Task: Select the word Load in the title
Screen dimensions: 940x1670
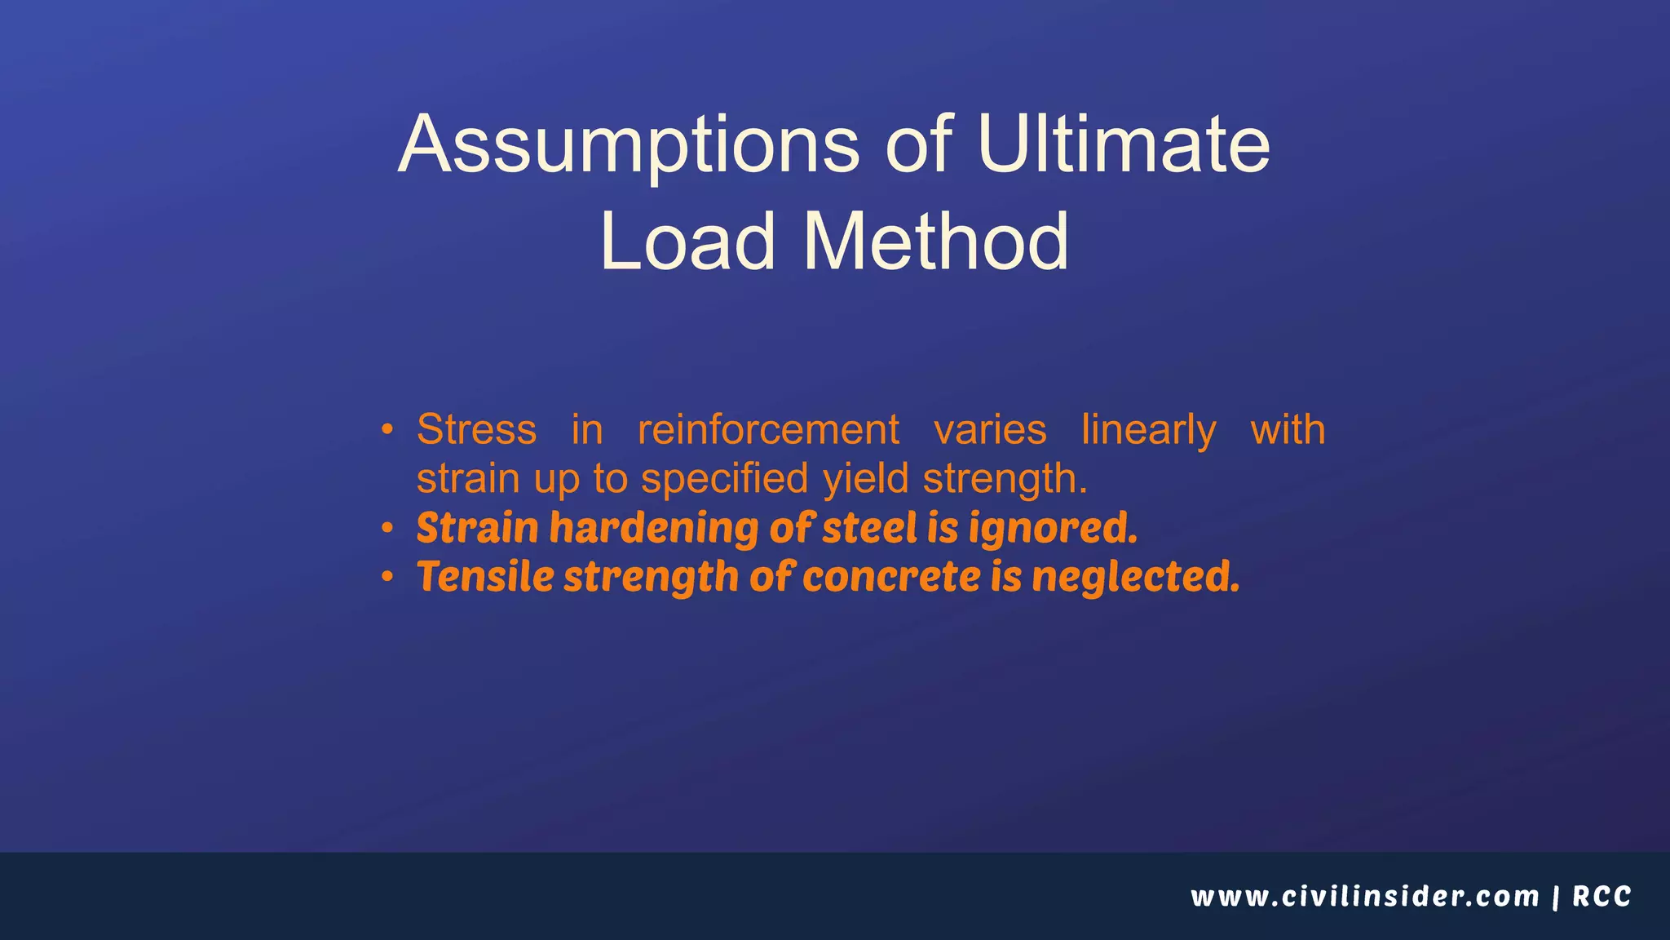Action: click(x=687, y=242)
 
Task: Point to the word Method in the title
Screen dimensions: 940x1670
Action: click(x=935, y=242)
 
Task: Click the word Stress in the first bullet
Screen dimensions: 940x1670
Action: click(x=476, y=429)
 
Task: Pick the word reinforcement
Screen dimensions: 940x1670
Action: click(x=768, y=429)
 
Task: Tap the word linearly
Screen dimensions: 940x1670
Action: click(x=1148, y=431)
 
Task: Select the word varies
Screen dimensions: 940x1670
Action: click(x=990, y=429)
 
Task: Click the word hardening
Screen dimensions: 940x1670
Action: click(x=654, y=528)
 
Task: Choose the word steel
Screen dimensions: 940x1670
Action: click(x=869, y=528)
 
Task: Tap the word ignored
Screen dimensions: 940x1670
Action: click(x=1053, y=530)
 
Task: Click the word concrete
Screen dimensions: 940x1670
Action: click(x=891, y=577)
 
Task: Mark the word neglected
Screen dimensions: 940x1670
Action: click(x=1135, y=578)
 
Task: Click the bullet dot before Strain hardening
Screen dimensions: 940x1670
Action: click(x=388, y=529)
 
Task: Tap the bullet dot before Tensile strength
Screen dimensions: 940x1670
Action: click(x=388, y=578)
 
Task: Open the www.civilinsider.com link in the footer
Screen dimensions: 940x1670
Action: click(x=1364, y=897)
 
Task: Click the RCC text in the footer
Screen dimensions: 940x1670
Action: click(x=1602, y=897)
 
